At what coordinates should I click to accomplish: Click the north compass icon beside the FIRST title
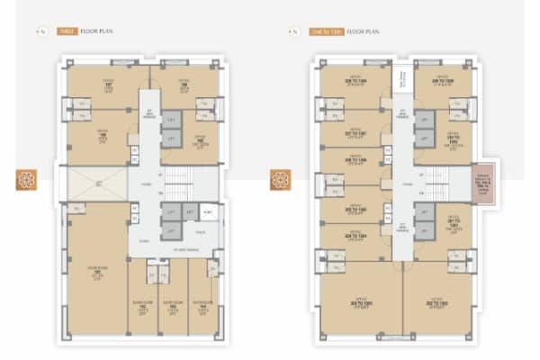[42, 31]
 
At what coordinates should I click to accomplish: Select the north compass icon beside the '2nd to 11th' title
[294, 31]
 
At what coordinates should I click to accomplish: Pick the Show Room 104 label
[204, 303]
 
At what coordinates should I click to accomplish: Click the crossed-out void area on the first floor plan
[94, 185]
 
